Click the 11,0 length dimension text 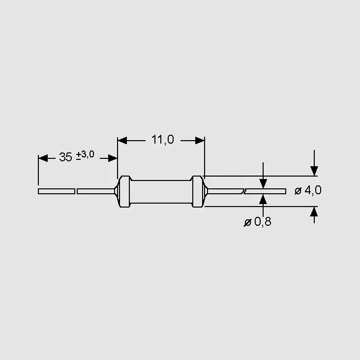[x=163, y=139]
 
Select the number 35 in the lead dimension [x=66, y=157]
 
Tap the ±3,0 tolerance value [x=85, y=155]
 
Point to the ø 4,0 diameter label [x=308, y=190]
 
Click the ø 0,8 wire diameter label [x=257, y=222]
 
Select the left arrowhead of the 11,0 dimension [x=122, y=141]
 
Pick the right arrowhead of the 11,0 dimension [x=200, y=141]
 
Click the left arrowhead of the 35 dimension [x=43, y=158]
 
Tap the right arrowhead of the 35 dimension [x=113, y=158]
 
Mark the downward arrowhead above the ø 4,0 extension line [x=314, y=171]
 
